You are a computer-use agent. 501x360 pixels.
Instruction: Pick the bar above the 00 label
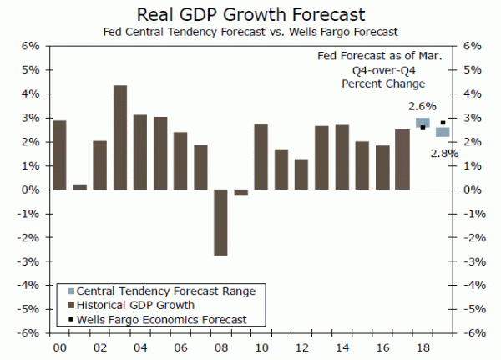59,155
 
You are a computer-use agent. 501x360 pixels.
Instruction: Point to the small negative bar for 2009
240,193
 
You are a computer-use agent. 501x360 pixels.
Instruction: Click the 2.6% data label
423,106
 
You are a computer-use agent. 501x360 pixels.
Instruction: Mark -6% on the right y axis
473,332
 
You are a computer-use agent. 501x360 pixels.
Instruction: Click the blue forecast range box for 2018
423,123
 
